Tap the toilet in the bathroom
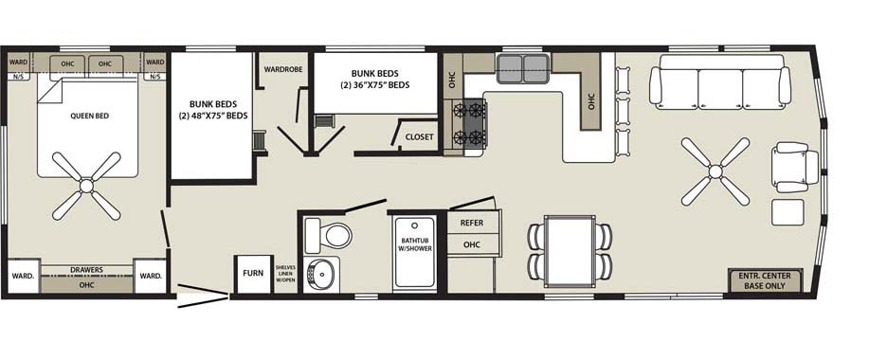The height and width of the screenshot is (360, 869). click(x=328, y=235)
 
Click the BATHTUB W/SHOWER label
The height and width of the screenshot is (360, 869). click(x=415, y=244)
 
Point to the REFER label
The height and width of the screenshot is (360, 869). click(x=472, y=224)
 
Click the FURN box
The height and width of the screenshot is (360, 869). click(x=253, y=274)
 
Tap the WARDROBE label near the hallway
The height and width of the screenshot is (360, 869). click(x=283, y=70)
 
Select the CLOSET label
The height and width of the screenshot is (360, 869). click(x=420, y=137)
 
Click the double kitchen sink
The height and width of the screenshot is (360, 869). click(x=522, y=68)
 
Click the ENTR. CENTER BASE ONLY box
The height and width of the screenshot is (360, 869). click(x=765, y=280)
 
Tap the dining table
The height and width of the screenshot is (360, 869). click(x=570, y=251)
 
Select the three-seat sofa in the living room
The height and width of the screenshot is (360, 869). click(x=720, y=81)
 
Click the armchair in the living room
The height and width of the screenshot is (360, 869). click(x=796, y=168)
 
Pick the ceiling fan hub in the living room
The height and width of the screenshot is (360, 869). click(x=715, y=171)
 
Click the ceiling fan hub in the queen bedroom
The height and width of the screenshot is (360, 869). click(x=86, y=186)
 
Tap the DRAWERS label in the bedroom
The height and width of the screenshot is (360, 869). click(x=87, y=270)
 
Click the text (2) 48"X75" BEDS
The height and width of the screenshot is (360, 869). click(x=213, y=116)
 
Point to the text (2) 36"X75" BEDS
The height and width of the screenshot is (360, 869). click(x=375, y=85)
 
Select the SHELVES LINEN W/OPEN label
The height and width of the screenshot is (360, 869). click(x=286, y=274)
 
